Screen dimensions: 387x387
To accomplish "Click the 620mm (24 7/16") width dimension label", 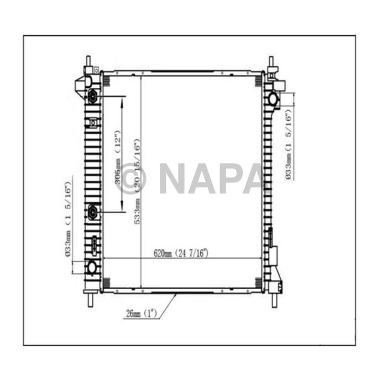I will click(x=181, y=254).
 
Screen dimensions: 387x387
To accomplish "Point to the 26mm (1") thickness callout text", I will click(x=141, y=313).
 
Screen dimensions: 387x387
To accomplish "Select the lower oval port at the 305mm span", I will click(x=92, y=211).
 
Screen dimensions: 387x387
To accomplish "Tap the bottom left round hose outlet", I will click(x=91, y=268).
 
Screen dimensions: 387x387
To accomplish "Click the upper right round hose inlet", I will click(x=273, y=99).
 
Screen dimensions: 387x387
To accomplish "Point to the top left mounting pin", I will click(x=87, y=61).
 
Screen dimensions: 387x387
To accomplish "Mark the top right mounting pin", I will click(x=271, y=61).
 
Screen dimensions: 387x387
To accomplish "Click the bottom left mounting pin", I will click(x=88, y=299).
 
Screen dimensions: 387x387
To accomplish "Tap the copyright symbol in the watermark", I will click(x=132, y=179).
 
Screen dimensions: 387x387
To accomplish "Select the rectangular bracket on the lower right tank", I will click(x=273, y=258).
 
